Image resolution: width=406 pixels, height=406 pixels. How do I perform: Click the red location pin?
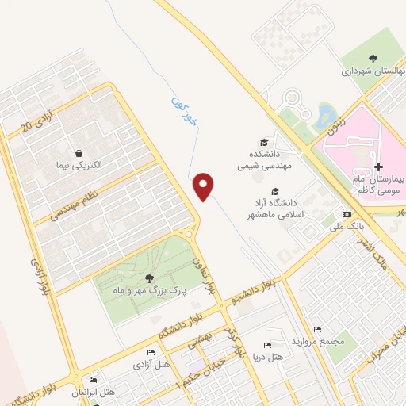point(204,186)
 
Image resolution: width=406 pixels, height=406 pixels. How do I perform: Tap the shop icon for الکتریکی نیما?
point(79,153)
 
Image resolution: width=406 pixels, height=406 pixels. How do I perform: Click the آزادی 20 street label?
point(38,117)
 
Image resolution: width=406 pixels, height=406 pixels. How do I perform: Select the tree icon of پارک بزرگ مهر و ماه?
point(149,278)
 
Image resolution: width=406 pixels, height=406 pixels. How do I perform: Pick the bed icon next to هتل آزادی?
point(151,353)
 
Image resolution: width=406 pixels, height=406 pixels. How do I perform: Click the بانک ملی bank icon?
point(347,214)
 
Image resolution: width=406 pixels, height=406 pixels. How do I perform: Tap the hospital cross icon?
point(378,167)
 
